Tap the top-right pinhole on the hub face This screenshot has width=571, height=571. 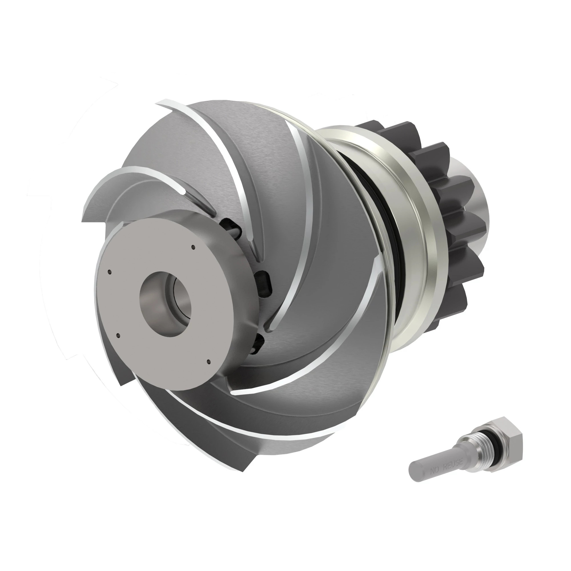click(193, 247)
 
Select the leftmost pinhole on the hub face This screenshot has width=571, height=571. click(110, 272)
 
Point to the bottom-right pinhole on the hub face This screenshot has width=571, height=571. click(209, 361)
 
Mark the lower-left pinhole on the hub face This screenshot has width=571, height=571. click(118, 335)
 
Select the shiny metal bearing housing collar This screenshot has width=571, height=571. click(414, 236)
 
